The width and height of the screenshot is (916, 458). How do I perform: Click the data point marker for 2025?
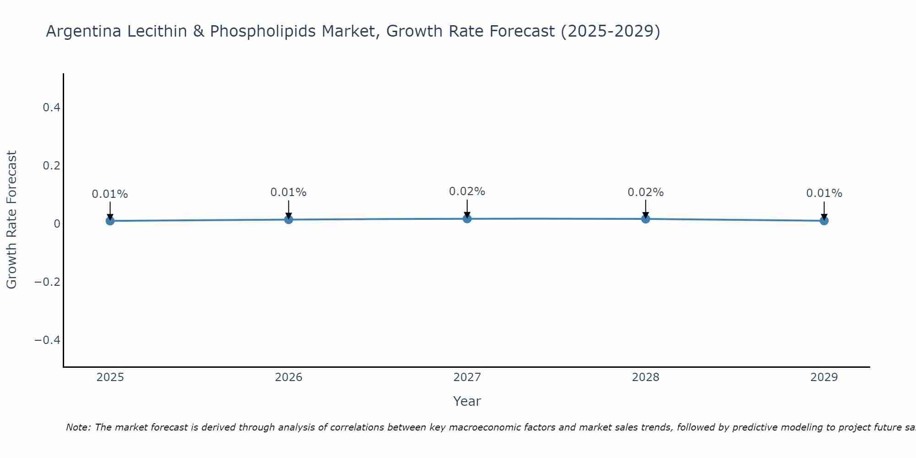tap(110, 221)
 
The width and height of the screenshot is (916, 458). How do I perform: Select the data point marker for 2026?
tap(289, 219)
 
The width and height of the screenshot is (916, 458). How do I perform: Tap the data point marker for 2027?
tap(467, 218)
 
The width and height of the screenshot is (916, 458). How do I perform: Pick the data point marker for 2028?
tap(646, 218)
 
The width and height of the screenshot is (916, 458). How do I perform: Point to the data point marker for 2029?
tap(824, 221)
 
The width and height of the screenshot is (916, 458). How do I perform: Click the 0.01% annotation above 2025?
tap(110, 194)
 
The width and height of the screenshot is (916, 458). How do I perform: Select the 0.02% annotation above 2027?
tap(467, 191)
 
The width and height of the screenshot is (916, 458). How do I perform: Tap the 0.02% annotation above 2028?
tap(646, 192)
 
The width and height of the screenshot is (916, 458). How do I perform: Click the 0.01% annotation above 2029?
tap(824, 193)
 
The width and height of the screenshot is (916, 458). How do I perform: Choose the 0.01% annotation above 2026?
tap(289, 192)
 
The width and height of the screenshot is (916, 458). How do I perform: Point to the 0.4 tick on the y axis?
tap(51, 108)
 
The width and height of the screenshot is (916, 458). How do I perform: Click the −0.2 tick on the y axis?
tap(47, 282)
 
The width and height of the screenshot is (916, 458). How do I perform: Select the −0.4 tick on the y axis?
tap(47, 340)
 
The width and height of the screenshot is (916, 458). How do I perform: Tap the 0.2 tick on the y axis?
tap(51, 165)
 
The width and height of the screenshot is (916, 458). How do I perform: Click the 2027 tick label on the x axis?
tap(467, 377)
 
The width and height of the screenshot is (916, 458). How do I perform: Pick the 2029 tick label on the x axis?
tap(824, 377)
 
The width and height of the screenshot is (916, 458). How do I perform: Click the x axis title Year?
tap(467, 401)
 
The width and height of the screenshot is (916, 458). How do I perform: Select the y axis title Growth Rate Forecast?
tap(12, 220)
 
